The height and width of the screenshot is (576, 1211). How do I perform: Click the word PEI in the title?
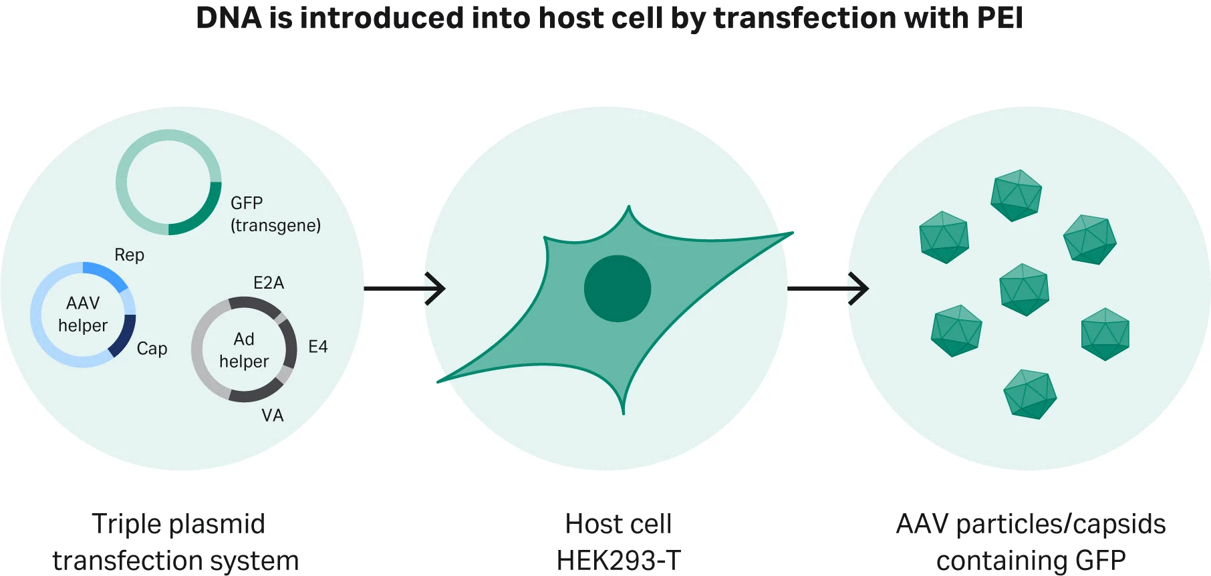[x=999, y=18]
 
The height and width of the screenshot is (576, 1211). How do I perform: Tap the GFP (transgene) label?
[x=275, y=214]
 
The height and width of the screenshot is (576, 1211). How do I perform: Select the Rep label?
[x=129, y=255]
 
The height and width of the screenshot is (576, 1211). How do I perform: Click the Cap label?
[x=152, y=348]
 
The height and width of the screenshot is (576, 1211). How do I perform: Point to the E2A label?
[x=269, y=283]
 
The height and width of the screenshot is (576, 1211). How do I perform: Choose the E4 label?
[x=317, y=346]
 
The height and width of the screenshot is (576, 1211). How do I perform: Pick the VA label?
[x=272, y=415]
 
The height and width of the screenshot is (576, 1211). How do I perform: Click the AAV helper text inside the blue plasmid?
[x=83, y=314]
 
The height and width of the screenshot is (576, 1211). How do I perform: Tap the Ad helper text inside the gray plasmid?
[x=244, y=349]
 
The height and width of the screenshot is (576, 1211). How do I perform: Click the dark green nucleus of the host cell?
[x=617, y=288]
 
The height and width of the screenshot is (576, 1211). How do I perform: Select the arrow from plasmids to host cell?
[x=404, y=289]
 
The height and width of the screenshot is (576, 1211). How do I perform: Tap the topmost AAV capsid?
[x=1016, y=195]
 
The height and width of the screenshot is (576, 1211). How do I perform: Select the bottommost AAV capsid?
[x=1030, y=394]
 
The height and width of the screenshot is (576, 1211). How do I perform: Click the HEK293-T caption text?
[x=618, y=560]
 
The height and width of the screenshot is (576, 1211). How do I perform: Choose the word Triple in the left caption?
[x=123, y=525]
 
